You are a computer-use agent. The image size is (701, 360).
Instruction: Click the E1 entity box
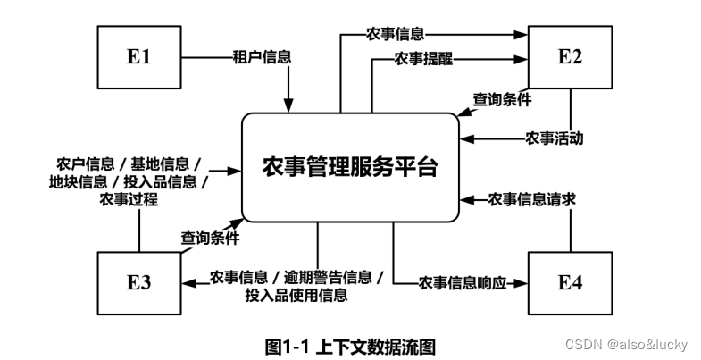[x=138, y=55]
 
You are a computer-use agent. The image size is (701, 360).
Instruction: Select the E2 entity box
[x=569, y=55]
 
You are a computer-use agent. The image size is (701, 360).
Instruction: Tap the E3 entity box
[x=138, y=282]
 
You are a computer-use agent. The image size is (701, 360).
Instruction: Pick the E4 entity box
[x=569, y=282]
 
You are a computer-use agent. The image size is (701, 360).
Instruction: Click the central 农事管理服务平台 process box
[x=350, y=167]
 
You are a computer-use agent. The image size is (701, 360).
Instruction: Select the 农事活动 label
[x=555, y=138]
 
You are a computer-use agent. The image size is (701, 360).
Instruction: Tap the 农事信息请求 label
[x=531, y=198]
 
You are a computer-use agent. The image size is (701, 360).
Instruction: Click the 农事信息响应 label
[x=462, y=283]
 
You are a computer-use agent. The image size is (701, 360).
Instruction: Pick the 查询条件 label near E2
[x=503, y=99]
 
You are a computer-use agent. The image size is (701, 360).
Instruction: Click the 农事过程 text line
[x=129, y=200]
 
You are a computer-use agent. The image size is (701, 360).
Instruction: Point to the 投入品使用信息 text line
[x=296, y=295]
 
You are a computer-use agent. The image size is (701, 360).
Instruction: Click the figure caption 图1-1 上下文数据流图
[x=350, y=343]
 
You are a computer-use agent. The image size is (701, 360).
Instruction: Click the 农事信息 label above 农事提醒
[x=395, y=35]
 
